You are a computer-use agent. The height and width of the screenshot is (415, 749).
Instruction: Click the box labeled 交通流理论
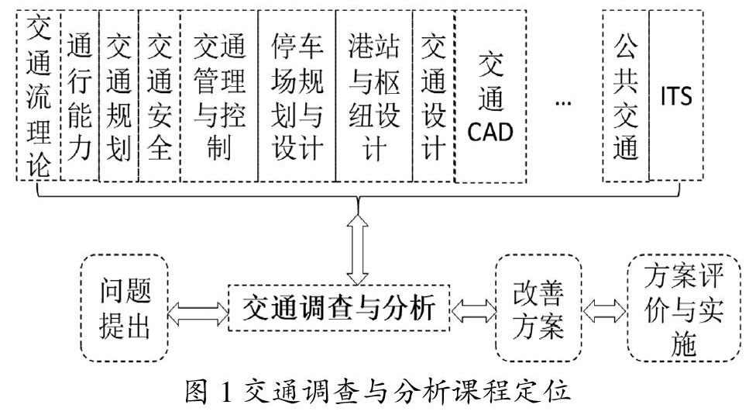pos(38,95)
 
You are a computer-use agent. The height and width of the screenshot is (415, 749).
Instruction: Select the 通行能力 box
pos(80,95)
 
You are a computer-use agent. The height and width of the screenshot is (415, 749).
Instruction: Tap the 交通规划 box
pos(119,95)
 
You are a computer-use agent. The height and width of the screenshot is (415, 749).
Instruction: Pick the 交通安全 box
pos(160,95)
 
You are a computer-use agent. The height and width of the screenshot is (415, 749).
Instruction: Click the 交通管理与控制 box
pos(219,95)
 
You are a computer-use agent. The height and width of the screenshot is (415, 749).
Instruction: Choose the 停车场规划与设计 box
pos(297,95)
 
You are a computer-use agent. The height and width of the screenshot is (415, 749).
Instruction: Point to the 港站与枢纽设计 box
pos(374,95)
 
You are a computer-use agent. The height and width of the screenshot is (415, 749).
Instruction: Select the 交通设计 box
pos(434,95)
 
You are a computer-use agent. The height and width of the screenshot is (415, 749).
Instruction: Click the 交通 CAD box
pos(490,95)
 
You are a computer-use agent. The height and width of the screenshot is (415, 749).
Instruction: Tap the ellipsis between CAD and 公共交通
pos(564,102)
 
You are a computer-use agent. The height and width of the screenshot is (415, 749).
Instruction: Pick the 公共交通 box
pos(626,95)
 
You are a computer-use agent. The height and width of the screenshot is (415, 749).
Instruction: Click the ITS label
pos(676,95)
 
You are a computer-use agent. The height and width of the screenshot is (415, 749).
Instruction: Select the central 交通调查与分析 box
pos(338,308)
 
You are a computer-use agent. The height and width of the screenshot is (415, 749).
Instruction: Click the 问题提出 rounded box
pos(125,308)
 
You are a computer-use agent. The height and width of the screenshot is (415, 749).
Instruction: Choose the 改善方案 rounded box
pos(539,308)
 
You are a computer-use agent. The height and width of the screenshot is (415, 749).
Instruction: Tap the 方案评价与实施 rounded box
pos(684,308)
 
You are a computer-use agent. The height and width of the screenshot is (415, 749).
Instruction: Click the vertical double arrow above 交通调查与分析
pos(358,250)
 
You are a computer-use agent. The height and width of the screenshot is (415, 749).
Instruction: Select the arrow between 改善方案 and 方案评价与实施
pos(605,311)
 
